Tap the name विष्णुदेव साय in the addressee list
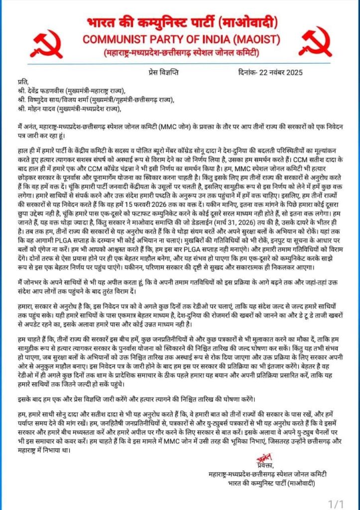(50, 100)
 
